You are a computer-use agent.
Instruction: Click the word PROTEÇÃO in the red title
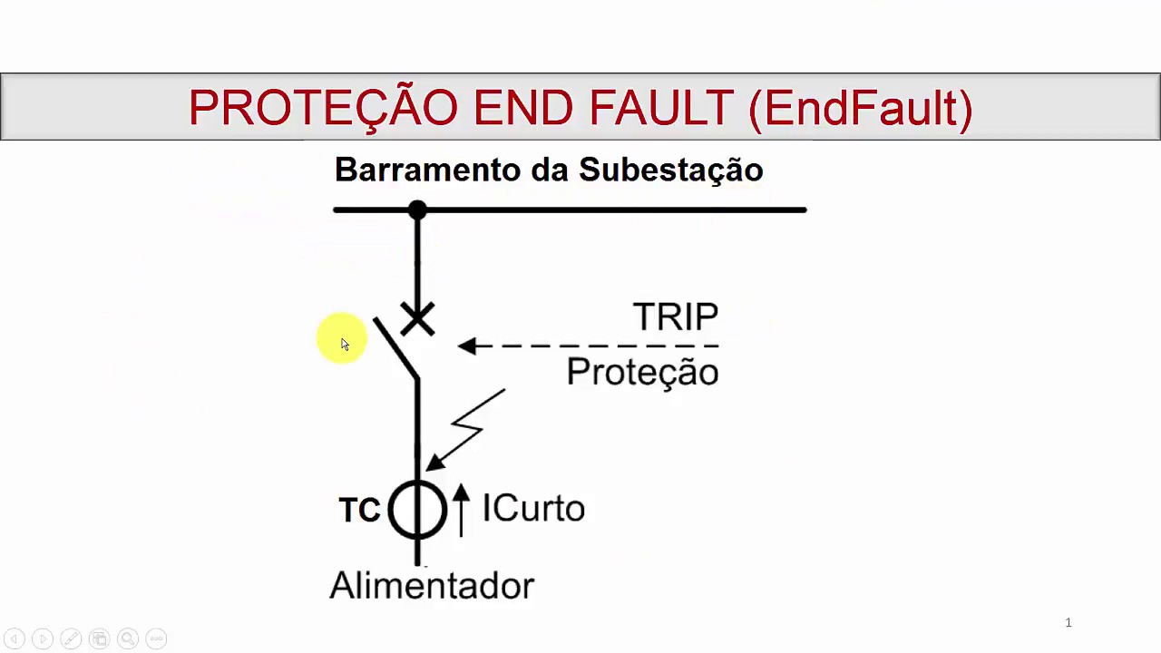[323, 108]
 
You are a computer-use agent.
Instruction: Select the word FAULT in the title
[660, 108]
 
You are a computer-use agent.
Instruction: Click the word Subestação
[671, 170]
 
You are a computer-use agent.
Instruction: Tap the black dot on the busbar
[417, 210]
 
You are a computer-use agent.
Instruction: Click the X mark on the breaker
[417, 319]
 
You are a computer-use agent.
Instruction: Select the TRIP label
[676, 317]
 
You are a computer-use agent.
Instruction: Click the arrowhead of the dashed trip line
[467, 346]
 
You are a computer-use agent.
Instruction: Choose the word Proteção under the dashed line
[642, 372]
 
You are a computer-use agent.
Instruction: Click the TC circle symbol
[417, 510]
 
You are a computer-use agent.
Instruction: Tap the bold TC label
[359, 511]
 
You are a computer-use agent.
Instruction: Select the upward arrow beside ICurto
[461, 508]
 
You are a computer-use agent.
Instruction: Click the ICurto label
[533, 509]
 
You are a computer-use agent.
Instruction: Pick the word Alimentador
[432, 586]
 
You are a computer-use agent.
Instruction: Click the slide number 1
[1068, 622]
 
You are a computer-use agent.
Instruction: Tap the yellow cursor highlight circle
[342, 339]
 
